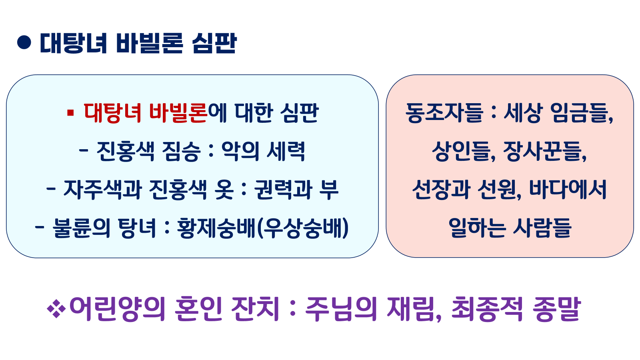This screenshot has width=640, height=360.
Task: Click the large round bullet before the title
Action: tap(24, 42)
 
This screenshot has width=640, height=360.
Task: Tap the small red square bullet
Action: tap(71, 113)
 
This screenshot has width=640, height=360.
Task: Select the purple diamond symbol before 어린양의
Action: tap(56, 309)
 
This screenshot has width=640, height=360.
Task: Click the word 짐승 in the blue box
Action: tap(181, 151)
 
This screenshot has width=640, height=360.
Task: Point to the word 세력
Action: tap(286, 151)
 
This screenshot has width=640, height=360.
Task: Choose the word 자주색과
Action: tap(102, 189)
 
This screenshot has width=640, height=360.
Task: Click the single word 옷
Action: tap(224, 189)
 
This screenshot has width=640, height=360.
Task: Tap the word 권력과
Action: tap(283, 189)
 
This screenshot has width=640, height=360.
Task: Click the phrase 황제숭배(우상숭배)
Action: tap(263, 228)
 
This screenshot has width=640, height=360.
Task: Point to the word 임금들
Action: tap(582, 113)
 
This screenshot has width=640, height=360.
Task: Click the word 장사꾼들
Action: tap(545, 151)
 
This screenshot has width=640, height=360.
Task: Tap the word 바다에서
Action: tap(568, 189)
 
